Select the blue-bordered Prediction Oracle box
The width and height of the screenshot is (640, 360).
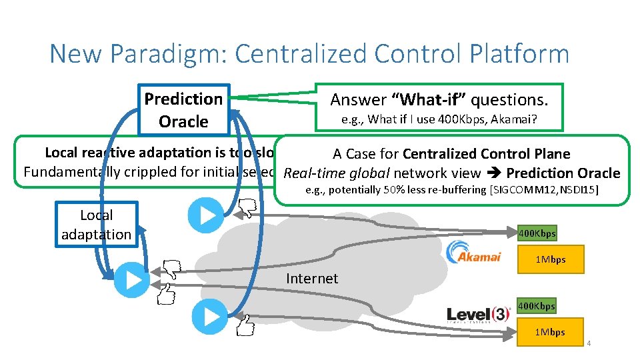click(183, 110)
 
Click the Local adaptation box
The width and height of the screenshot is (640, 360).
click(97, 225)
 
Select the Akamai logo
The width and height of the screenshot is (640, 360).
click(473, 253)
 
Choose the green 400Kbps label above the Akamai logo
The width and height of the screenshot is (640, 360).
click(537, 233)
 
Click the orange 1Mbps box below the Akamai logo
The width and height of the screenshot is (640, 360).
click(551, 259)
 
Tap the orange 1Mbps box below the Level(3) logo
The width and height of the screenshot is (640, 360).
click(551, 332)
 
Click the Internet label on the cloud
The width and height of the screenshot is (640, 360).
click(312, 278)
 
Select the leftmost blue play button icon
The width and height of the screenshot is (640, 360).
click(131, 280)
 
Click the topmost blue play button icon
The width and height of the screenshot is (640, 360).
click(205, 215)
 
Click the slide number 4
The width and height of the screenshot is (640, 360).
click(589, 344)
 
